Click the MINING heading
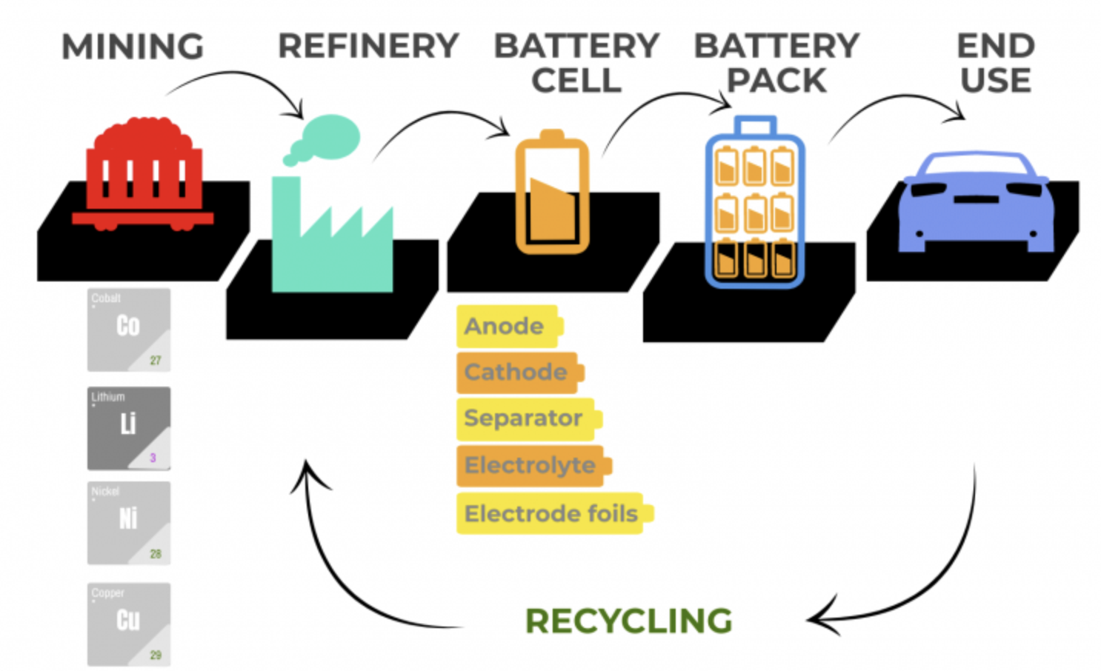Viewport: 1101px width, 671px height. click(x=133, y=47)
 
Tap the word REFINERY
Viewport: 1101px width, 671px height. click(x=368, y=46)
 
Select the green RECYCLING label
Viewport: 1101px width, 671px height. click(x=628, y=621)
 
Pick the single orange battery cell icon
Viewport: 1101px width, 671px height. click(x=552, y=194)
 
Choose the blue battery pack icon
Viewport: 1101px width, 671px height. click(x=754, y=204)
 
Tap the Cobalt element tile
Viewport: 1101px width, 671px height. click(x=129, y=330)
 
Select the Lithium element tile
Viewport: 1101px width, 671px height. click(x=129, y=428)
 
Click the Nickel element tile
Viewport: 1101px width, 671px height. click(x=129, y=523)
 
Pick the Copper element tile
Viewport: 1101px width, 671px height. click(x=129, y=624)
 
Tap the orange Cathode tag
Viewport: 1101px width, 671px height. click(x=517, y=372)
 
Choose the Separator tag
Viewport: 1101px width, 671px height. click(x=525, y=418)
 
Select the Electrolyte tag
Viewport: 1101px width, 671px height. click(x=530, y=465)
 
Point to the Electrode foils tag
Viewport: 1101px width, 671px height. click(x=551, y=513)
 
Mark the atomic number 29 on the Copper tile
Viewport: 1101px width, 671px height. click(x=156, y=655)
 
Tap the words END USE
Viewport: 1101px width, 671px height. click(x=995, y=63)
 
